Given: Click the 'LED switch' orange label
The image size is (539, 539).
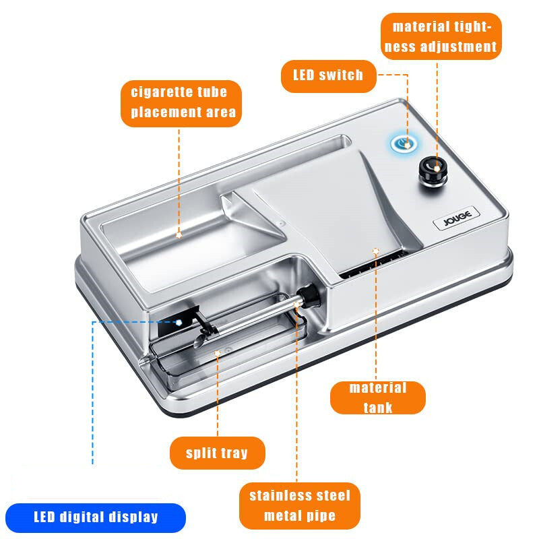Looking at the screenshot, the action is pos(329,76).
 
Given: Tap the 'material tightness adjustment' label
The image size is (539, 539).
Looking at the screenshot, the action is pos(441,36).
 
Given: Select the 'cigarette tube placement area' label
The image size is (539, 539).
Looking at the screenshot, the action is pos(181,104).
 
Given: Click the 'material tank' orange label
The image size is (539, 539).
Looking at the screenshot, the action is pos(378,398).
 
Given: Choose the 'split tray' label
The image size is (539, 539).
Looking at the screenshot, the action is pos(218,453).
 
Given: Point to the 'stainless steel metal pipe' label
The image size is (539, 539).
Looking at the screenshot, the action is pos(300,506).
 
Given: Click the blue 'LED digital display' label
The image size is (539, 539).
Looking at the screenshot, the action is pos(96,517).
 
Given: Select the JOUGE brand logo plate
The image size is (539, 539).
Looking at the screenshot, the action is pos(457,218).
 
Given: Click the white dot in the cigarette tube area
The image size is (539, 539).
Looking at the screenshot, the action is pos(179,235).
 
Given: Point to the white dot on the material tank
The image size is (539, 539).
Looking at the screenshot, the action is pos(376,251).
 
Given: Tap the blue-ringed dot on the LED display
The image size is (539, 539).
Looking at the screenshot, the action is pos(179,323).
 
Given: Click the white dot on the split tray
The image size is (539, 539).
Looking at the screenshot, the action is pos(217,353).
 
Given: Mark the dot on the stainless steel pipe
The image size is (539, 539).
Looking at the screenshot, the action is pos(296,305).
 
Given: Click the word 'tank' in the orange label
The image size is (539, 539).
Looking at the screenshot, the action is pos(378,408).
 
